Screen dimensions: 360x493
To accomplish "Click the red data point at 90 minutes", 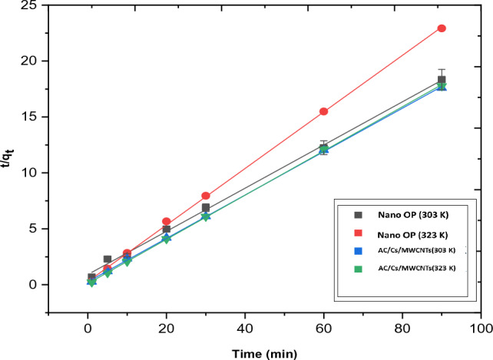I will point(442,28).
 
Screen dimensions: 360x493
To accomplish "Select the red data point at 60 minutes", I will point(324,111).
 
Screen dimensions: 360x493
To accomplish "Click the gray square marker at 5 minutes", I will point(108,259).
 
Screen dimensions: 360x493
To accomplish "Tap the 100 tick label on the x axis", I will point(481,328).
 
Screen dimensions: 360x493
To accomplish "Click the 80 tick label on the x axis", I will point(402,328).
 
